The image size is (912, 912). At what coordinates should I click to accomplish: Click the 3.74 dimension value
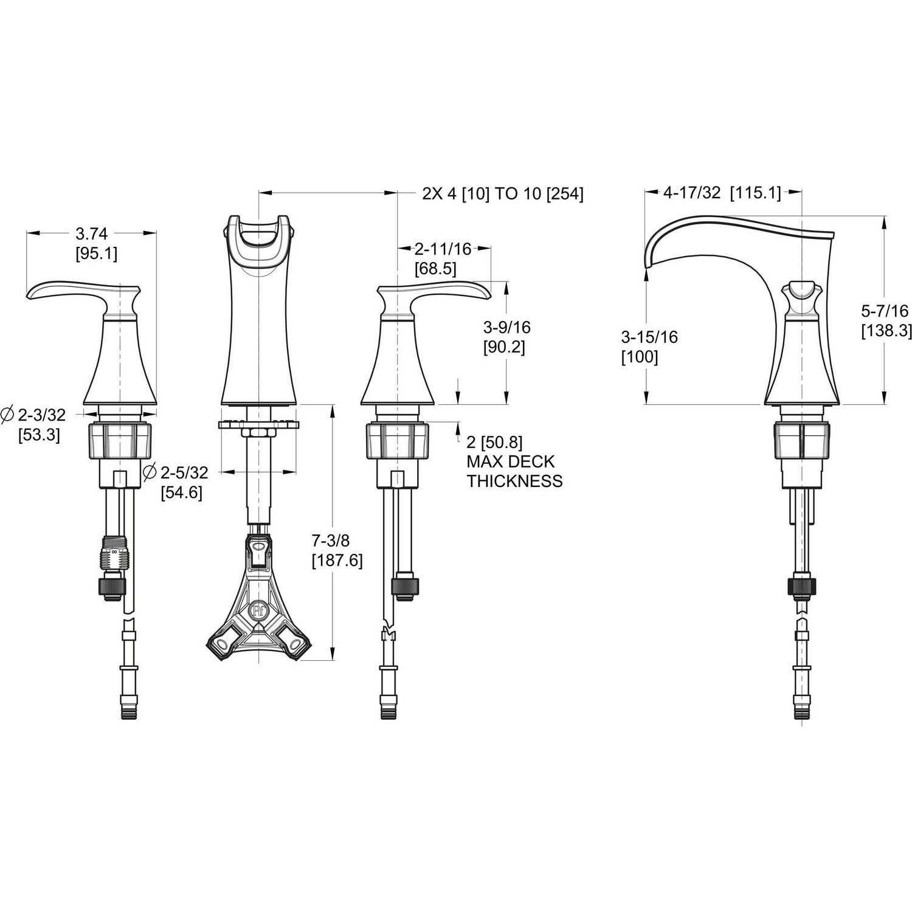click(x=91, y=233)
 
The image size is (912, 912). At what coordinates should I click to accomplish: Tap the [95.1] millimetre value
click(x=96, y=253)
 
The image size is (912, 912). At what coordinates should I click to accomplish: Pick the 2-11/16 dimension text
click(x=443, y=248)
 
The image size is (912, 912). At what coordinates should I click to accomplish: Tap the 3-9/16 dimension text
click(x=507, y=328)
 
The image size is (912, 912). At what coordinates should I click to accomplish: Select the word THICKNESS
click(x=514, y=481)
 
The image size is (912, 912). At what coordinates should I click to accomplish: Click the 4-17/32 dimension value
click(x=692, y=193)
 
